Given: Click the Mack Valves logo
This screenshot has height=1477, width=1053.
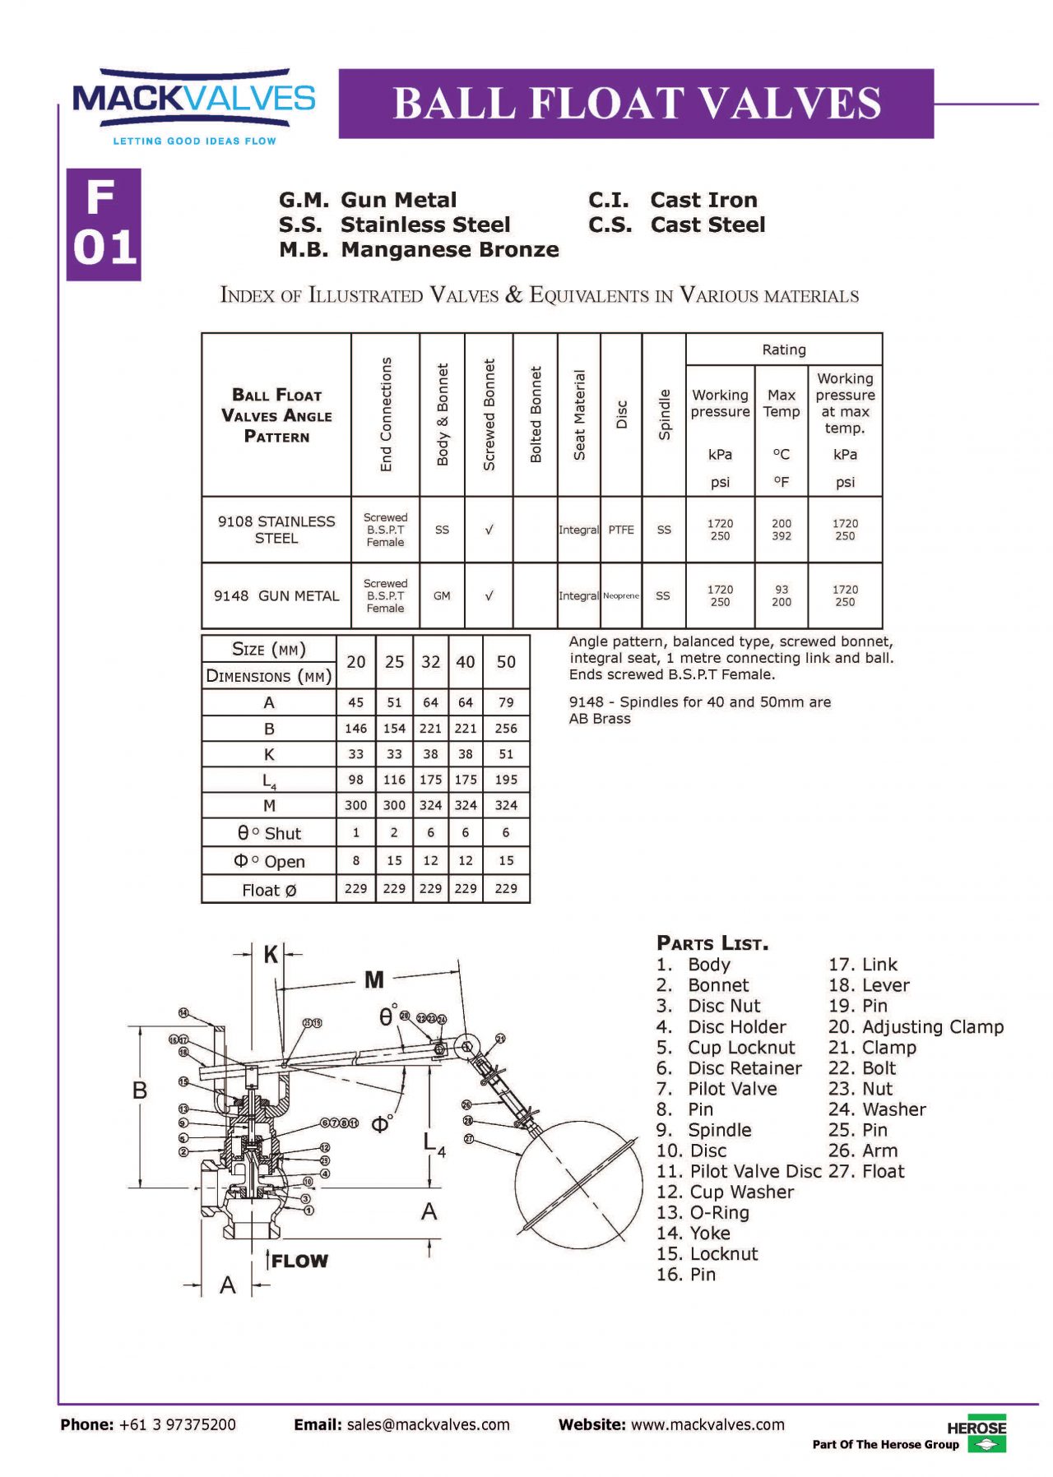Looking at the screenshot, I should pyautogui.click(x=193, y=105).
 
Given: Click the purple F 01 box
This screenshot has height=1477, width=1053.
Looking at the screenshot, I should pyautogui.click(x=104, y=225).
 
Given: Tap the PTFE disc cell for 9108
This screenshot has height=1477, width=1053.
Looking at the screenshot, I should pyautogui.click(x=621, y=530).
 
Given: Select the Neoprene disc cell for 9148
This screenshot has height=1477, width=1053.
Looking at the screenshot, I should pyautogui.click(x=621, y=595).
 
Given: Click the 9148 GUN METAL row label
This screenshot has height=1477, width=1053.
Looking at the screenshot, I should pyautogui.click(x=276, y=595).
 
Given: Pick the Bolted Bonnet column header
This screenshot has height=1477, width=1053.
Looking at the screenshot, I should pyautogui.click(x=536, y=414).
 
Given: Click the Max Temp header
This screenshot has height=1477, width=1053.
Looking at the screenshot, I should pyautogui.click(x=781, y=404).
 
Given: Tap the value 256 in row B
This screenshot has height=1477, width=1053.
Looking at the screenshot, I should pyautogui.click(x=506, y=729).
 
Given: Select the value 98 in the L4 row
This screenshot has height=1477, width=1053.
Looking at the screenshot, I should pyautogui.click(x=355, y=780).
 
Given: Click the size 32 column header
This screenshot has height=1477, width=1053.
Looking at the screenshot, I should pyautogui.click(x=430, y=662).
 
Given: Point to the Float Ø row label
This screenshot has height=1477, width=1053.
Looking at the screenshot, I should pyautogui.click(x=269, y=890).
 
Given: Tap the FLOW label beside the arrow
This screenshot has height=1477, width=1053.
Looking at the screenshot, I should pyautogui.click(x=299, y=1261).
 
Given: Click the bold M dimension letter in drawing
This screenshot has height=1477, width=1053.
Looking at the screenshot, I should pyautogui.click(x=374, y=979).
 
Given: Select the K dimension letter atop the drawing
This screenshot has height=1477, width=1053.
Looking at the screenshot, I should pyautogui.click(x=270, y=955).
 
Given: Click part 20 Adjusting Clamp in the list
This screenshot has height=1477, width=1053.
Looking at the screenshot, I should pyautogui.click(x=916, y=1026).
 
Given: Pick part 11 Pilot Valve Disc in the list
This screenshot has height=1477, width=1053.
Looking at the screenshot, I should pyautogui.click(x=740, y=1171).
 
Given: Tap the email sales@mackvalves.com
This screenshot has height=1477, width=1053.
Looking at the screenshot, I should pyautogui.click(x=428, y=1424).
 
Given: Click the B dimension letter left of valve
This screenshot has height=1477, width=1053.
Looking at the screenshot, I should pyautogui.click(x=140, y=1090).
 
